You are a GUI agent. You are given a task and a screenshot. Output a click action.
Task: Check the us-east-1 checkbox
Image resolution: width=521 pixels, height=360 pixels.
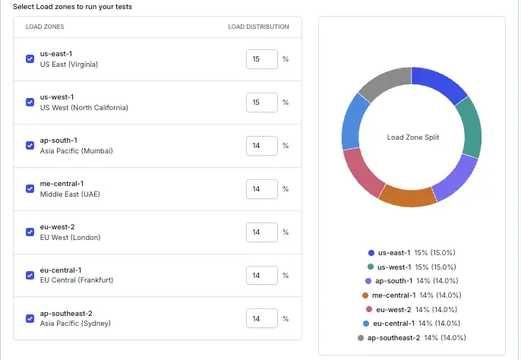(x=30, y=58)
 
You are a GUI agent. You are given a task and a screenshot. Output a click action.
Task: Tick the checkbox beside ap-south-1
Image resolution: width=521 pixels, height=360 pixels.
(x=30, y=145)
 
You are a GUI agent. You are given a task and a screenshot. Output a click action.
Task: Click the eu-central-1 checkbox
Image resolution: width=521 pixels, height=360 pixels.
(x=30, y=275)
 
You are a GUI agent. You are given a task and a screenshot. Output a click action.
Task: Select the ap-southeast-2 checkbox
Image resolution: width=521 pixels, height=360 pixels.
(x=30, y=318)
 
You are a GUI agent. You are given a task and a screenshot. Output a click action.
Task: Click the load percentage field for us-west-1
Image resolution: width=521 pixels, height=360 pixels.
(x=261, y=102)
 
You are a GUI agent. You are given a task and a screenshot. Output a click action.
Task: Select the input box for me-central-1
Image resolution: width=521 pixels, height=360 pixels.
(x=261, y=188)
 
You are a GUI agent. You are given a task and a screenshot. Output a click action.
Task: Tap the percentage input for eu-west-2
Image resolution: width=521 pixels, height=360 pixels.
(x=261, y=232)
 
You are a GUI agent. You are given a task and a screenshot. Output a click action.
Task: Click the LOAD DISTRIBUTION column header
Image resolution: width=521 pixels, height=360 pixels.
(x=258, y=27)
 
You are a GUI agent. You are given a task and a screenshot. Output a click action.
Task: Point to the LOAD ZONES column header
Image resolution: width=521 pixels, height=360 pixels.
(x=45, y=27)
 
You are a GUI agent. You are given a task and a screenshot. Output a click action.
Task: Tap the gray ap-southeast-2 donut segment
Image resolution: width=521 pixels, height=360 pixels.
(x=382, y=84)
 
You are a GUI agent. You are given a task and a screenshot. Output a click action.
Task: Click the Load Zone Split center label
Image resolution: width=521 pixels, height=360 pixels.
(x=412, y=137)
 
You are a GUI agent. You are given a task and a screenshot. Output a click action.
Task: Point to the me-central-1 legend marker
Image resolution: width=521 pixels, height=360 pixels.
(x=366, y=295)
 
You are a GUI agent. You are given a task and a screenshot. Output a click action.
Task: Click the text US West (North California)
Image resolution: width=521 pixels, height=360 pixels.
(x=84, y=107)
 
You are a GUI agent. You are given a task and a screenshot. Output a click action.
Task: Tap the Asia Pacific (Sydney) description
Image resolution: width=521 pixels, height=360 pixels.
(x=75, y=324)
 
